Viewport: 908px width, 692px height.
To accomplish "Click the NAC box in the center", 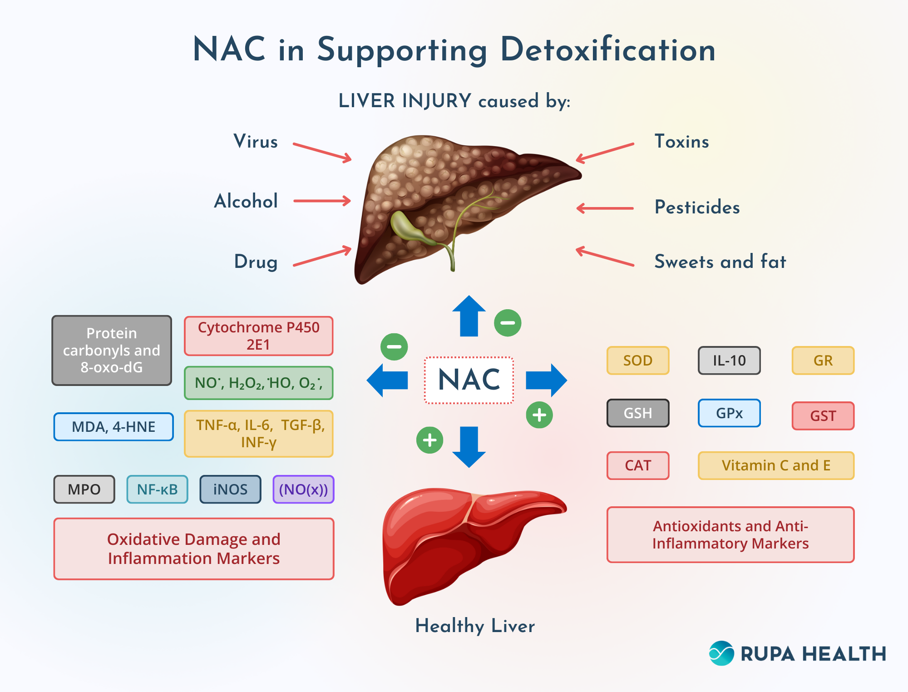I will [x=469, y=380].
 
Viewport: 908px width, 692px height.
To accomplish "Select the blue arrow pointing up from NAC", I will [x=469, y=317].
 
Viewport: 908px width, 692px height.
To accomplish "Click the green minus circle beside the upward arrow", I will [x=508, y=323].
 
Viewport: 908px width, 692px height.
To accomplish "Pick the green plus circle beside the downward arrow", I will [x=429, y=440].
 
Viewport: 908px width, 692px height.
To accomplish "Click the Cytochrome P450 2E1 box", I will [x=258, y=336].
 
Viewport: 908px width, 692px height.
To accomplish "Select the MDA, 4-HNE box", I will [x=113, y=427].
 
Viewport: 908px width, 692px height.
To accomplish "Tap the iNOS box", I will [x=230, y=489].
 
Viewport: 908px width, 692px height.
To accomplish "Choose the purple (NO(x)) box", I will [x=303, y=489].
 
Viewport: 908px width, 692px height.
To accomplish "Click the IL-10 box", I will [x=729, y=361].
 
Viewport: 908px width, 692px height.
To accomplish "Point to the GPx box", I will [x=729, y=413].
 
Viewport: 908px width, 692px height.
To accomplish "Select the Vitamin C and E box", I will [x=776, y=465].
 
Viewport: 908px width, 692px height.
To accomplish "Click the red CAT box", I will [x=638, y=465].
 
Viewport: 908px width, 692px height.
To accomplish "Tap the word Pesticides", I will [x=697, y=208].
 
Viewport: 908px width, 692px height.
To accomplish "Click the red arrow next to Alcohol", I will [x=322, y=201].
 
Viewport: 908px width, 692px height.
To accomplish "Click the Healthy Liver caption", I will [x=475, y=626].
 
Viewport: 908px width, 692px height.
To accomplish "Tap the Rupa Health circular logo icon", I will [x=721, y=653].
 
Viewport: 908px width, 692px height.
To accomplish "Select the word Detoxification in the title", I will [x=607, y=50].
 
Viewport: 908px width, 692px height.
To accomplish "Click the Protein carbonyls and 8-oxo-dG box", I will [x=112, y=351].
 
